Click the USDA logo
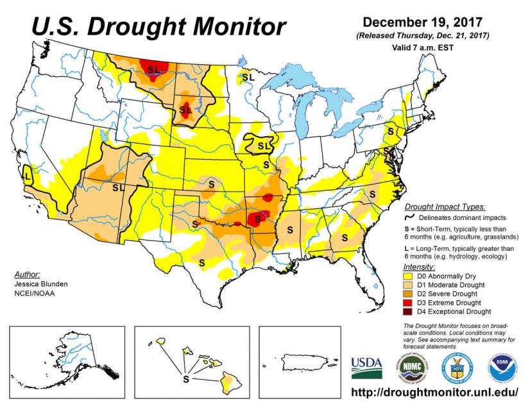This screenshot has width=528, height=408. click(367, 368)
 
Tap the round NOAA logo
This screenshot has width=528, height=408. click(503, 368)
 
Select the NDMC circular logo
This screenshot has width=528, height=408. click(412, 368)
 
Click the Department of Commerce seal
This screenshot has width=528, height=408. click(457, 368)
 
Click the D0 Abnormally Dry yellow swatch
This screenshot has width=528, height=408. click(408, 276)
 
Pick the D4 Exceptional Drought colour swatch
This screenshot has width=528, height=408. click(408, 312)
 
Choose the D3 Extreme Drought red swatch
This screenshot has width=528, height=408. click(408, 303)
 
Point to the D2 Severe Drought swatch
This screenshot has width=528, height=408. click(408, 294)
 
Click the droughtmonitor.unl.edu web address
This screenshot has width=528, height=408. click(435, 393)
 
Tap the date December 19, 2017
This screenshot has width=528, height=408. click(423, 22)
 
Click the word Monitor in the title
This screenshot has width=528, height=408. click(239, 26)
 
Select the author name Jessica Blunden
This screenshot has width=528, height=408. click(41, 284)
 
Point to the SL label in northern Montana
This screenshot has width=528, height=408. click(154, 70)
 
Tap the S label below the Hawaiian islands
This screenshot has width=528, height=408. click(186, 379)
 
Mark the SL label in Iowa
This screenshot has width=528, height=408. click(264, 146)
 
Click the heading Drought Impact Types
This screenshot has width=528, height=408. click(445, 207)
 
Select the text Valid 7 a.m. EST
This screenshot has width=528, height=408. click(423, 47)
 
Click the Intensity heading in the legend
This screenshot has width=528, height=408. click(419, 268)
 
